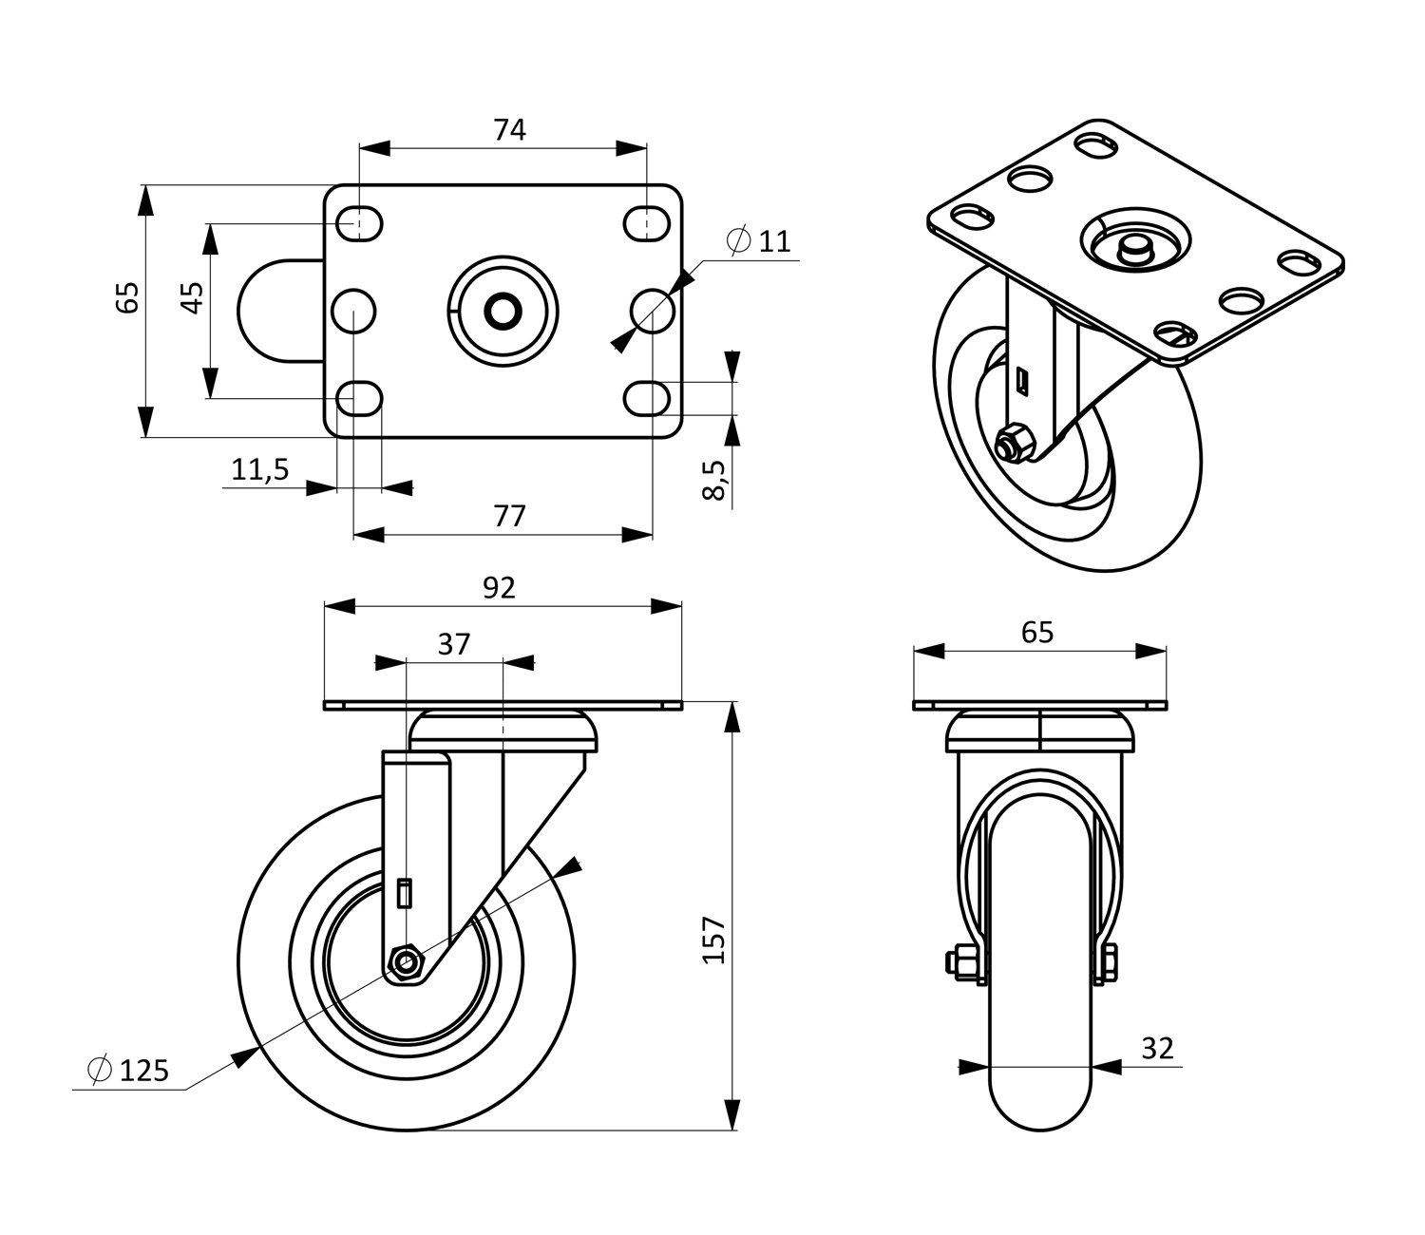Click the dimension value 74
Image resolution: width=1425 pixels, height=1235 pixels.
(509, 130)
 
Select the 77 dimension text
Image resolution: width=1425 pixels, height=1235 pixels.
(509, 516)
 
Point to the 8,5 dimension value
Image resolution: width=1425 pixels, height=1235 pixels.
(714, 479)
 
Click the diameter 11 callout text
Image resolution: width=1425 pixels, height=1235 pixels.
(759, 241)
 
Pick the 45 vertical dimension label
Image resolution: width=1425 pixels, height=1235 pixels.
(192, 298)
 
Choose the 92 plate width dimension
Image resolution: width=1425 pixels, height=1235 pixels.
(499, 588)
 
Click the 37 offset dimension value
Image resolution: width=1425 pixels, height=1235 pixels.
(454, 644)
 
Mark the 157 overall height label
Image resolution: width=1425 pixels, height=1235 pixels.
(714, 940)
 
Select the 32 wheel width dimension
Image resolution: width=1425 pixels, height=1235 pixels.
(1157, 1049)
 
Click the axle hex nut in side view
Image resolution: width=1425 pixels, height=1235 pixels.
(407, 963)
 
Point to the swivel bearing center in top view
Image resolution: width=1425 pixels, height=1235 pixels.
(503, 310)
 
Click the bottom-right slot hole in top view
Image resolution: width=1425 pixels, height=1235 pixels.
(647, 397)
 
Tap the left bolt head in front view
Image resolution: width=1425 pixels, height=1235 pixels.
(958, 962)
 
